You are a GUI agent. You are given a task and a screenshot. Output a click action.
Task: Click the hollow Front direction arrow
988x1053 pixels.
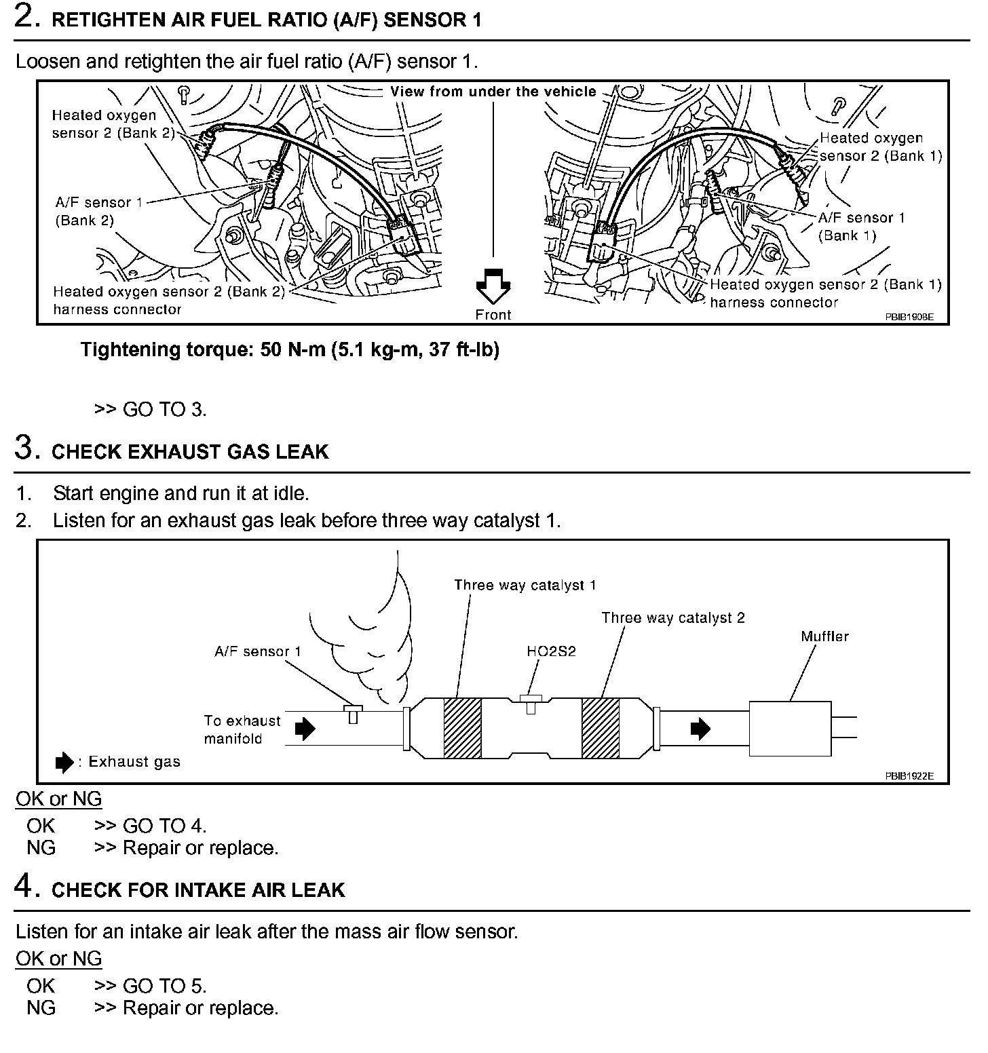pos(493,285)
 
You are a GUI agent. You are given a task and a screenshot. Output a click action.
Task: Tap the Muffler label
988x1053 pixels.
pos(824,636)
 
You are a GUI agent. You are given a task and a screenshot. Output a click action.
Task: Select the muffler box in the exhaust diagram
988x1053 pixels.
pos(790,728)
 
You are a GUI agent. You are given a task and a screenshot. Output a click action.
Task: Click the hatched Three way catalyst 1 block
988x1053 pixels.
pos(462,728)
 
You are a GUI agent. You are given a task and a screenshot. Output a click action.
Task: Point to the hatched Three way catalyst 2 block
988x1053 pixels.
pos(600,728)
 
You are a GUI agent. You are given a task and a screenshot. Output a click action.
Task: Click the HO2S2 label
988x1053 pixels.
pos(551,651)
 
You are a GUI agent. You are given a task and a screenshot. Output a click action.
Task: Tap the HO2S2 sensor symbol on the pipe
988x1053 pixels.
pos(529,702)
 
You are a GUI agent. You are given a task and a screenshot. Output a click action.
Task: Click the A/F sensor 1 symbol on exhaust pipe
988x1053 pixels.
pos(353,713)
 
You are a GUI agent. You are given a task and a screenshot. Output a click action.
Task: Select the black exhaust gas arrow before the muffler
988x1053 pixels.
pos(700,729)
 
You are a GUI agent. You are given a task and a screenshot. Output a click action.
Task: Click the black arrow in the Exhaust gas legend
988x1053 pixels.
pos(64,762)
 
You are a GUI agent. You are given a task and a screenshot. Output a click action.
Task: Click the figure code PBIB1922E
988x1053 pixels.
pos(909,776)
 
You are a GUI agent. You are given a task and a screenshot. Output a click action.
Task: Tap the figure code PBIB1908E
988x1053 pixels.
pos(909,317)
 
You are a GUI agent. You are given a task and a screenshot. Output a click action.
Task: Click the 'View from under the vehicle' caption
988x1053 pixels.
pos(493,92)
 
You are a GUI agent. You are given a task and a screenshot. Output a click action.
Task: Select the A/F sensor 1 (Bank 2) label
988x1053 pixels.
pos(93,211)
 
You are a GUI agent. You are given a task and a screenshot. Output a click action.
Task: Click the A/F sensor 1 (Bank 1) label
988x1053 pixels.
pos(861,227)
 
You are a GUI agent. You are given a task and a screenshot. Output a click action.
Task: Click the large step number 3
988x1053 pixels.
pos(24,449)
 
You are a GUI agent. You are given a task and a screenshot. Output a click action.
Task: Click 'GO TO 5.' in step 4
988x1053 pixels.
pos(164,985)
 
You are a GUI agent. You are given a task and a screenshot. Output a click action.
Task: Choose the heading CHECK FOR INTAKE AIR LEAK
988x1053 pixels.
pos(198,889)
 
